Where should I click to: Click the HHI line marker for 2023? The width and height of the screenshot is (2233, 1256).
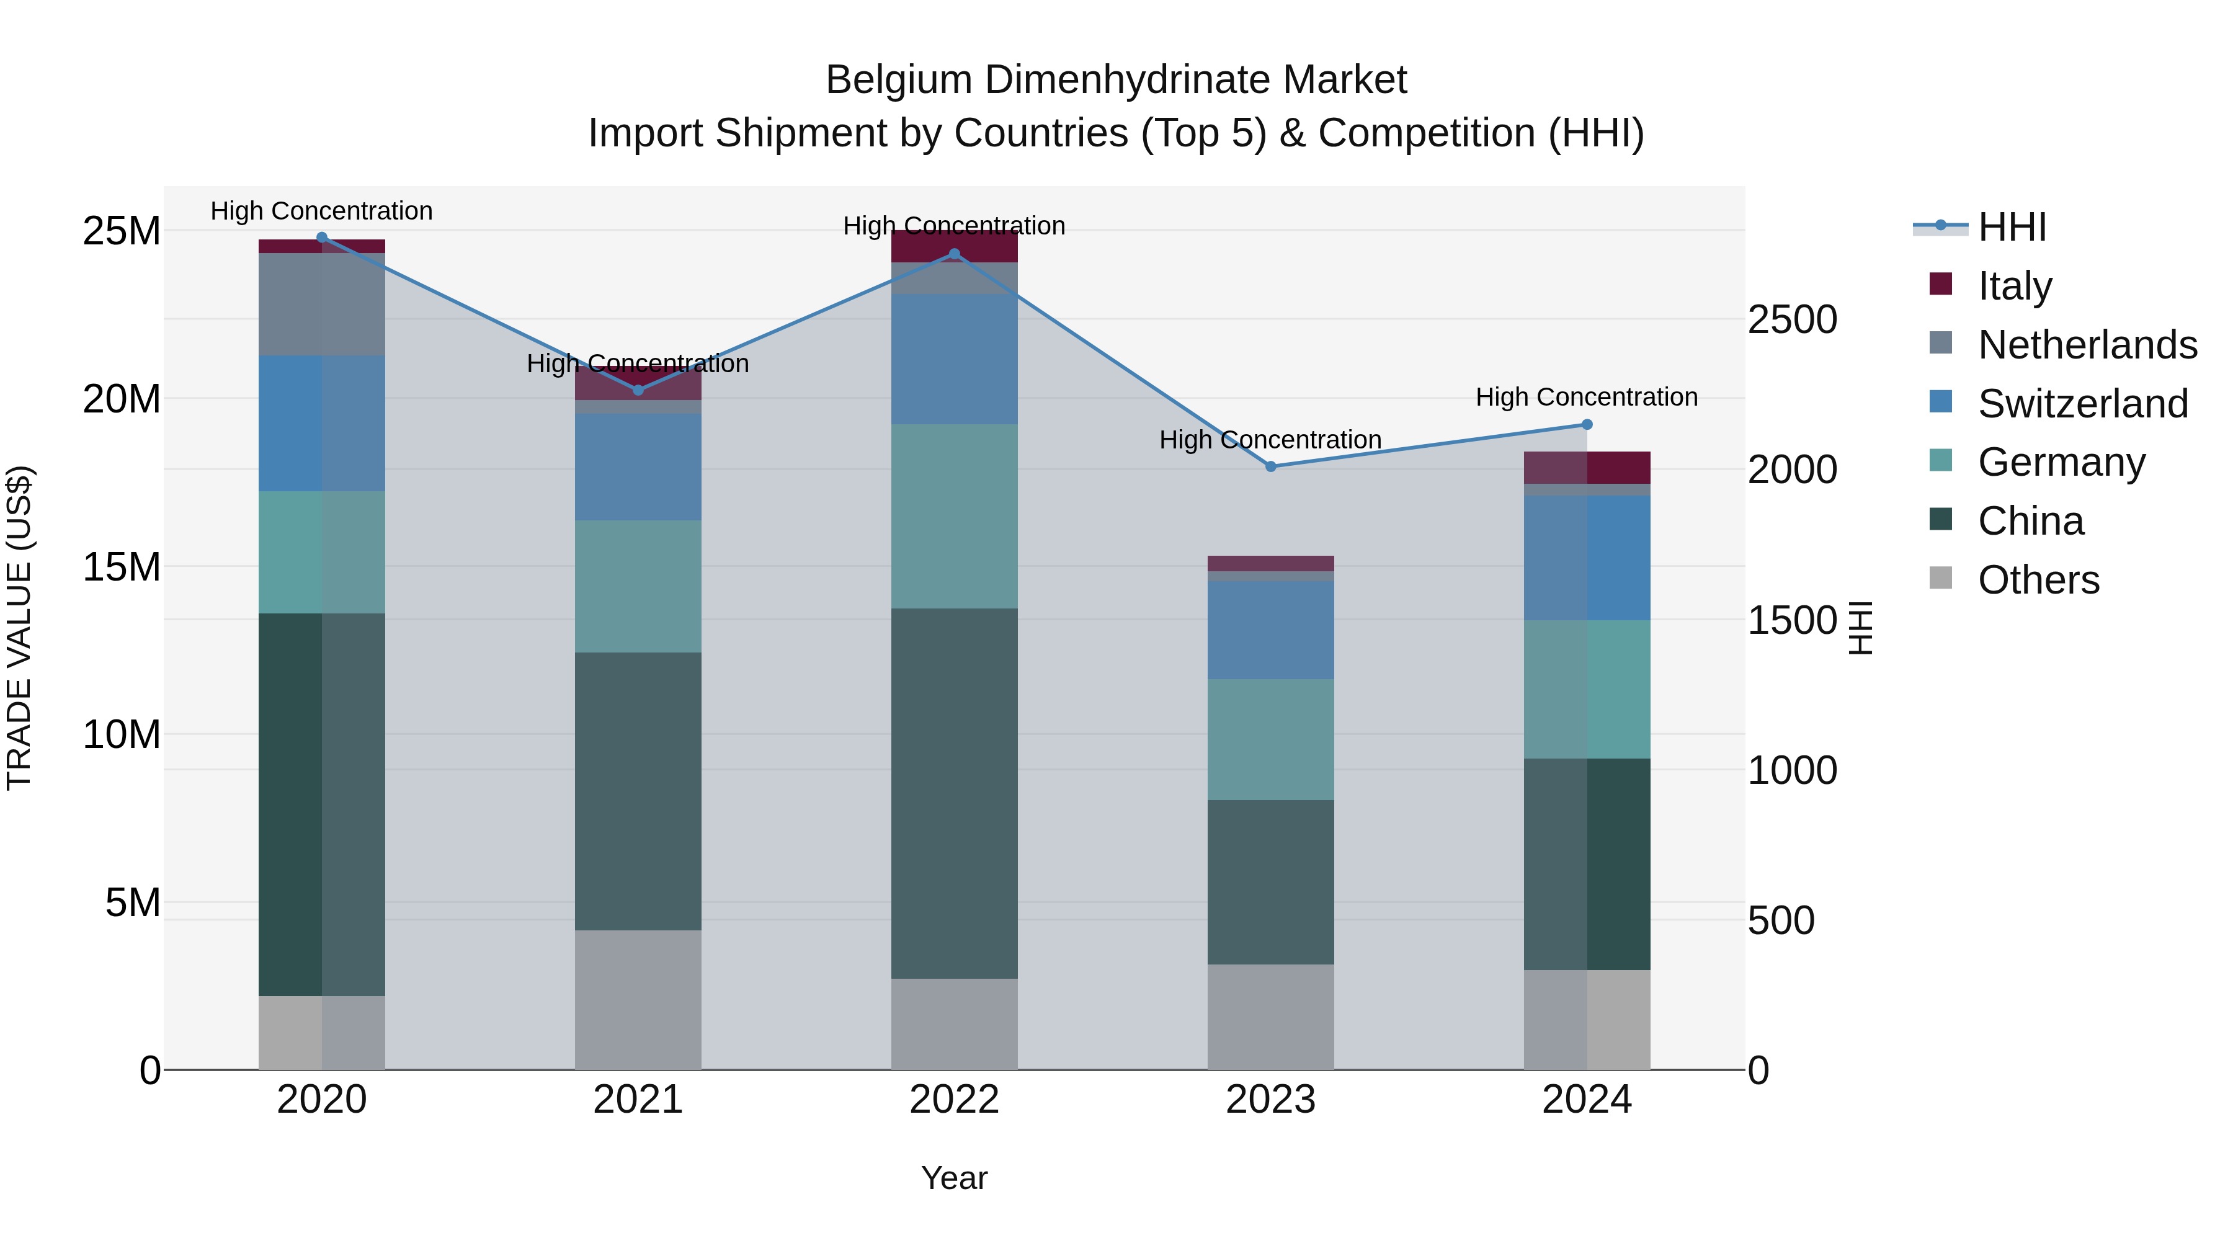[x=1271, y=466]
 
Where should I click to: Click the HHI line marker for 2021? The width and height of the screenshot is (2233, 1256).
[x=638, y=390]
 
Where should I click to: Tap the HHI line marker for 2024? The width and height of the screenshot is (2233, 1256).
[x=1587, y=425]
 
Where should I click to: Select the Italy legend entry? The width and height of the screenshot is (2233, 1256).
[x=2015, y=286]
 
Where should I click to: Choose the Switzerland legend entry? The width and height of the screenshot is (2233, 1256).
[x=2082, y=404]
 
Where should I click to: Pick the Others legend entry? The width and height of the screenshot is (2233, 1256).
[x=2038, y=580]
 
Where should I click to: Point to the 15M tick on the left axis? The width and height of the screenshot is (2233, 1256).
[x=122, y=567]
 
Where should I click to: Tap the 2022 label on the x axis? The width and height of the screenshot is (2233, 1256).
[x=955, y=1100]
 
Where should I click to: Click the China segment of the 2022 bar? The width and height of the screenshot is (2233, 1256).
[x=955, y=793]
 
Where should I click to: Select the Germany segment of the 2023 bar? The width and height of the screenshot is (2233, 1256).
[x=1271, y=739]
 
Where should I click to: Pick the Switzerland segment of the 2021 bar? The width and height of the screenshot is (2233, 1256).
[x=638, y=466]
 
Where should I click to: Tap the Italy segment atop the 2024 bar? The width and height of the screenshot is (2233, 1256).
[x=1587, y=467]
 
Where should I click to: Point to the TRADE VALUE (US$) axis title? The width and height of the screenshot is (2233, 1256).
[x=19, y=628]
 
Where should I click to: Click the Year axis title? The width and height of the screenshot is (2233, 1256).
[x=955, y=1178]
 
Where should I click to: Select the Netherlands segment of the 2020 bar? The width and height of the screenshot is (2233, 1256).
[x=321, y=305]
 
